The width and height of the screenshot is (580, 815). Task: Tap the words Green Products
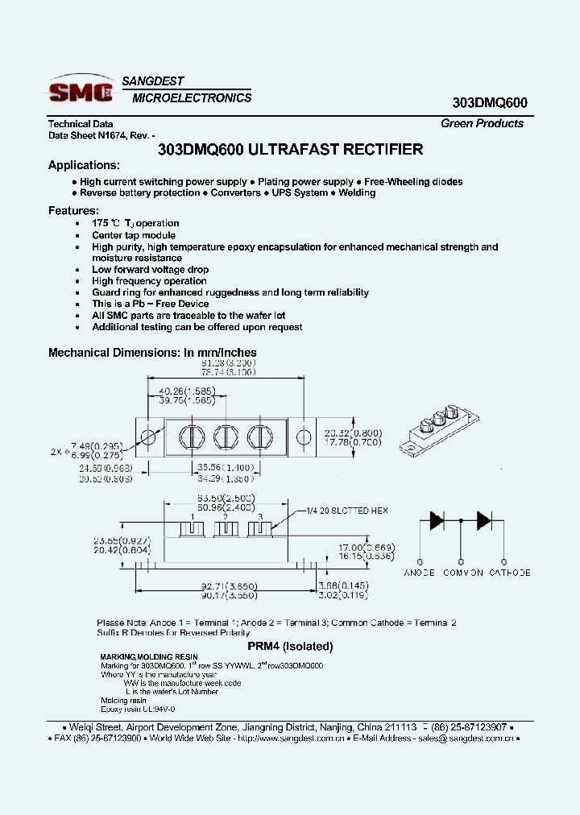[482, 123]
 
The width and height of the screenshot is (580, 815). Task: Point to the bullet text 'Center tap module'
[133, 235]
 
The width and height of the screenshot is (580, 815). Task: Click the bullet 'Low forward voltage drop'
[150, 270]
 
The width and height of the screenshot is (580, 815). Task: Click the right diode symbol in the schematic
[484, 520]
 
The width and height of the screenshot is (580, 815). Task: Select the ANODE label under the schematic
[420, 573]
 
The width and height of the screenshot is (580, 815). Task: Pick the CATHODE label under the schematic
[510, 573]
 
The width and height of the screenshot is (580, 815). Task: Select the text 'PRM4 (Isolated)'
[289, 646]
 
